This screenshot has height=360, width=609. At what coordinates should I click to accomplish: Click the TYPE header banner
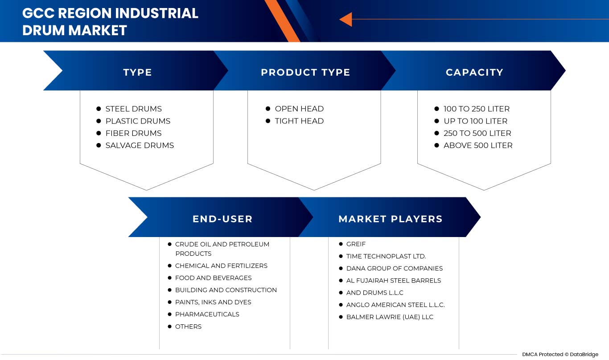point(137,72)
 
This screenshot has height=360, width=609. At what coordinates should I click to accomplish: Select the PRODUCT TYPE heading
point(305,72)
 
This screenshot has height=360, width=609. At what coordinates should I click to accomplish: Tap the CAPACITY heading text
point(474,72)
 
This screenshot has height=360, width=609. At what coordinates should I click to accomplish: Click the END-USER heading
point(222,219)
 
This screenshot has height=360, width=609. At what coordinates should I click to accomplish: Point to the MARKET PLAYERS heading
point(390,219)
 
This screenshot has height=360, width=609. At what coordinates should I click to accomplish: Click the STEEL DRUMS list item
point(133,109)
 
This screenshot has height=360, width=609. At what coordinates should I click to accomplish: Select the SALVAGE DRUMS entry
point(140,145)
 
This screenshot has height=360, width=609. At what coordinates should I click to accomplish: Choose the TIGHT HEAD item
point(299,121)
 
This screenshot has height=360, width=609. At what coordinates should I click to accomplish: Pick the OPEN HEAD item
point(299,109)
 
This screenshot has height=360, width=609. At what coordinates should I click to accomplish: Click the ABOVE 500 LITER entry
point(478,145)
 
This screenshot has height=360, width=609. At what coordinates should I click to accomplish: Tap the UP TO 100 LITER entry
point(475,121)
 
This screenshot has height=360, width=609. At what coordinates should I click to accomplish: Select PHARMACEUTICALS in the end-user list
point(207,314)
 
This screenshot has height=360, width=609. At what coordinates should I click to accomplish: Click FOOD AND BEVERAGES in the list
point(213,278)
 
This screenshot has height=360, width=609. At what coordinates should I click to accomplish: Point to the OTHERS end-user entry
point(188,327)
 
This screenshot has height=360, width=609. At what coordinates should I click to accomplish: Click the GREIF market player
point(356,244)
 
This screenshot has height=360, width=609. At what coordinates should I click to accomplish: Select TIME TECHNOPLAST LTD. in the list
point(386,256)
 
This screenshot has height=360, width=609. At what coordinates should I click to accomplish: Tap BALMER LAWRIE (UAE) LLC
point(390,317)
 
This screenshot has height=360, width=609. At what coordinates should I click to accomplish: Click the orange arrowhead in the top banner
point(346,20)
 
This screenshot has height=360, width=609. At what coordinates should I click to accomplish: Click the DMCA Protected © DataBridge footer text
point(560,354)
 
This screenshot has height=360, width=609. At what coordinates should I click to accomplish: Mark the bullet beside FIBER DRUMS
point(99,133)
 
